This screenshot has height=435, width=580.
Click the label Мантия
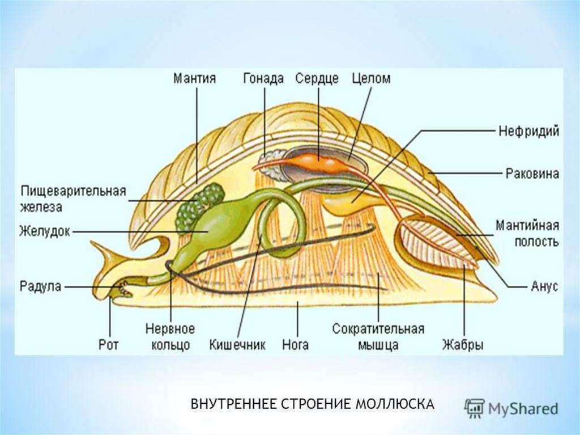coord(194,78)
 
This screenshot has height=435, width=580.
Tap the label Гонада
coord(263,78)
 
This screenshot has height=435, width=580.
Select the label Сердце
coord(317,78)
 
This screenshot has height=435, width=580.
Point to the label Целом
coord(371,78)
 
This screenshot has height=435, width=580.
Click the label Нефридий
coord(528,132)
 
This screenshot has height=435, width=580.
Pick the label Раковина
coord(532,173)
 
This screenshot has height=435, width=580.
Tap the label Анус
coord(544,286)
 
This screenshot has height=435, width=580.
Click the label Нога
coord(295,344)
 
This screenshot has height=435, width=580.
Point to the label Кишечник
coord(237,344)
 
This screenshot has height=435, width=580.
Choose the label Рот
coord(109,344)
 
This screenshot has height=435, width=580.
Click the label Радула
coord(40,286)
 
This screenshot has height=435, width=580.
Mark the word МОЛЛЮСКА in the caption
coord(395,404)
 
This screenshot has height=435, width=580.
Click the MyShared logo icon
coord(474,408)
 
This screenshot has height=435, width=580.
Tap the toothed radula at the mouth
coord(123,289)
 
